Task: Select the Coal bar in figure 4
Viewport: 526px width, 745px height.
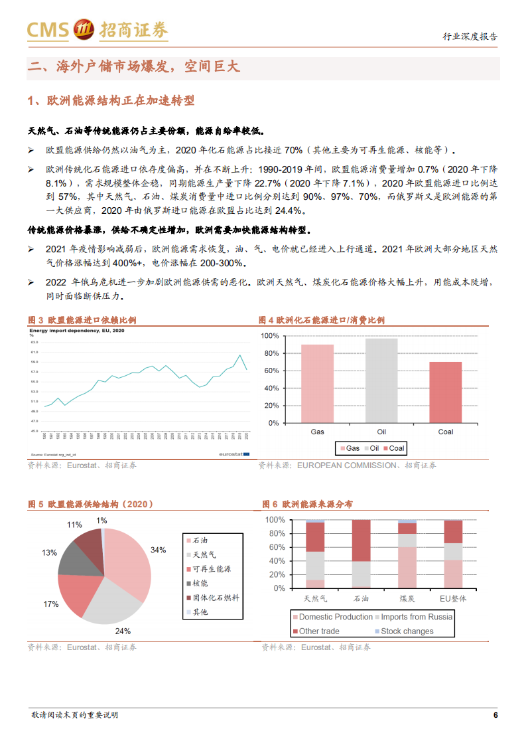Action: [445, 392]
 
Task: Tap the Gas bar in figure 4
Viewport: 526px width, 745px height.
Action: [317, 384]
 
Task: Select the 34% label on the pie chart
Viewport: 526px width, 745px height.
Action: [158, 550]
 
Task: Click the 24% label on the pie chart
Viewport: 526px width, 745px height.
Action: [123, 631]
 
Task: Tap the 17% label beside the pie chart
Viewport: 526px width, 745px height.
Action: [50, 604]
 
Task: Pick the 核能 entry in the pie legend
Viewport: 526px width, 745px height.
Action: [200, 583]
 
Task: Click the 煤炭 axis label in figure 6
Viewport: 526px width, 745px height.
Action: [407, 598]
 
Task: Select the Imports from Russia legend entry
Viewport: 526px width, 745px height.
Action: [413, 617]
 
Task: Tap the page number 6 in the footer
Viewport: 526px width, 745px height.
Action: [495, 715]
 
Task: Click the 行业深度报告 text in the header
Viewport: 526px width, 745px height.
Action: [470, 37]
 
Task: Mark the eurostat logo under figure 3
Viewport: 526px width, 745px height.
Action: [235, 454]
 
